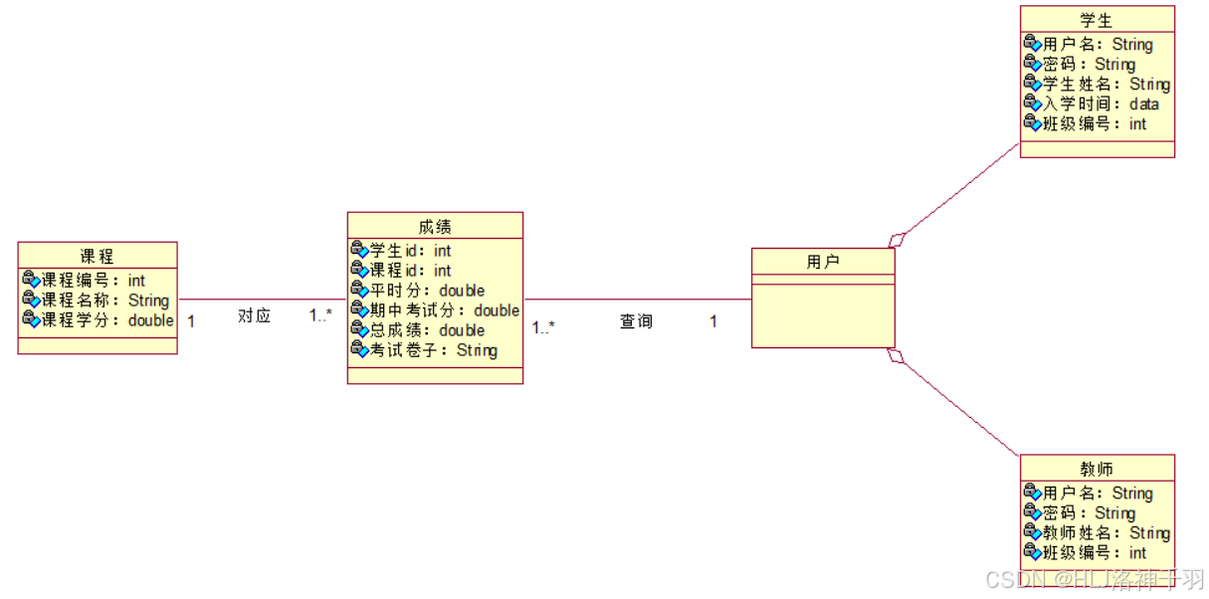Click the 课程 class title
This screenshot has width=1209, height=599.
pyautogui.click(x=97, y=257)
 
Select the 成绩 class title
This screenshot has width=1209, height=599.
pyautogui.click(x=435, y=227)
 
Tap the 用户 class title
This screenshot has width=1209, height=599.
pyautogui.click(x=823, y=263)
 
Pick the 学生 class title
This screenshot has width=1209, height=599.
pyautogui.click(x=1097, y=21)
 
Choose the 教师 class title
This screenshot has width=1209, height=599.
pyautogui.click(x=1097, y=470)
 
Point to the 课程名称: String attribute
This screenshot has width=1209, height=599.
pyautogui.click(x=104, y=300)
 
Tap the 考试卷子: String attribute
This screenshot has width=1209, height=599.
pyautogui.click(x=433, y=350)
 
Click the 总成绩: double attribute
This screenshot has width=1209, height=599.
pyautogui.click(x=427, y=330)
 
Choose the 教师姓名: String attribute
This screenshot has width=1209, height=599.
pyautogui.click(x=1106, y=533)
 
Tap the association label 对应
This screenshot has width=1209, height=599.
pyautogui.click(x=254, y=316)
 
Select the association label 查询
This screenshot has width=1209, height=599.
pyautogui.click(x=637, y=322)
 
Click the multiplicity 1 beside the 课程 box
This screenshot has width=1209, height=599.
pyautogui.click(x=191, y=321)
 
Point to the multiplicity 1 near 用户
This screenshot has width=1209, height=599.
pyautogui.click(x=713, y=321)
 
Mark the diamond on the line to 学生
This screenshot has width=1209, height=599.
pyautogui.click(x=898, y=239)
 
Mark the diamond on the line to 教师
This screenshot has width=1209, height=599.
pyautogui.click(x=897, y=355)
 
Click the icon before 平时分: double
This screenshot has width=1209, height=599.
pyautogui.click(x=360, y=291)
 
